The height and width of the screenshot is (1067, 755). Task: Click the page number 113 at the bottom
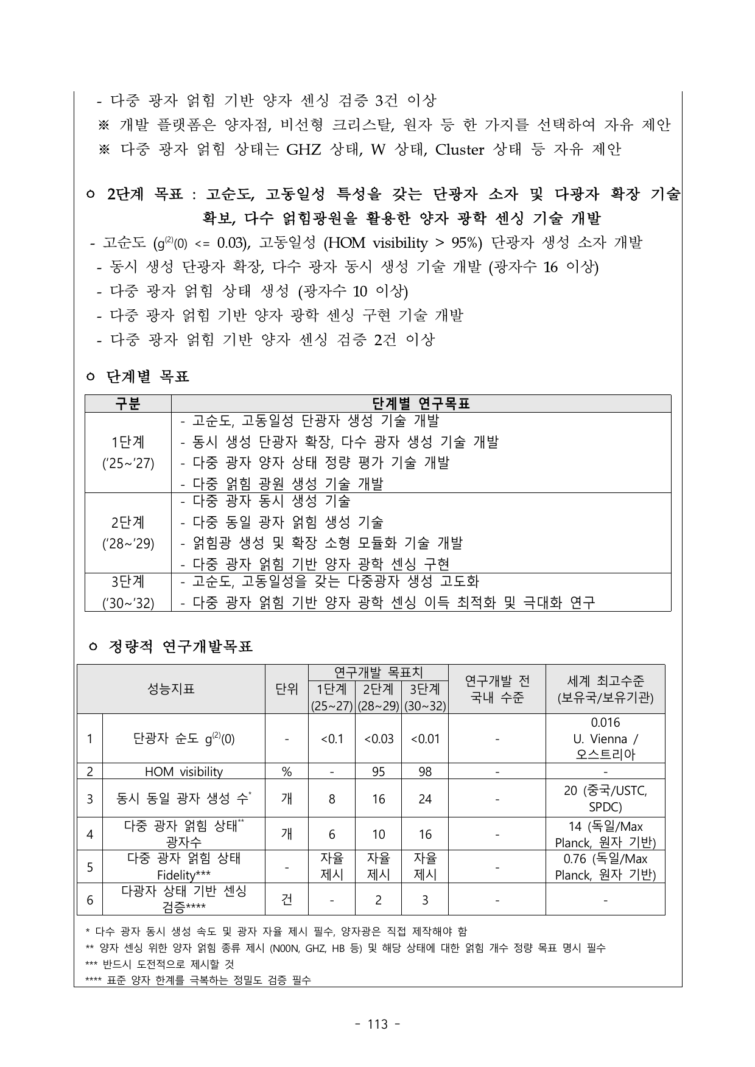[x=377, y=1024]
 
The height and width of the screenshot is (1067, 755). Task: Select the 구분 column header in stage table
[x=128, y=404]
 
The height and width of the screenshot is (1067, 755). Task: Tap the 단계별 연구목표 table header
[x=421, y=404]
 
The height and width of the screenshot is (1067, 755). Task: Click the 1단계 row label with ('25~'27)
[x=128, y=452]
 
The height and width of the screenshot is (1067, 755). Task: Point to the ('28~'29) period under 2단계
[x=128, y=544]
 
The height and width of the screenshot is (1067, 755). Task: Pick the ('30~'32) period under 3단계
[x=128, y=603]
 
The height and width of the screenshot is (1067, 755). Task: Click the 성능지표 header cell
[x=170, y=689]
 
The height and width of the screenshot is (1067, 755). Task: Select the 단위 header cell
[x=286, y=689]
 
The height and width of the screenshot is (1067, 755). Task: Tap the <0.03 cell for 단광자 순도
[x=378, y=738]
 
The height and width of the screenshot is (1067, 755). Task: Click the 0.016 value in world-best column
[x=605, y=722]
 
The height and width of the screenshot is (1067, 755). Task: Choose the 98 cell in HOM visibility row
[x=425, y=772]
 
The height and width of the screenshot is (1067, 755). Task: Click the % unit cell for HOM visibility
[x=286, y=772]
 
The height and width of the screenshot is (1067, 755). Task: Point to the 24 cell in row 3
[x=425, y=799]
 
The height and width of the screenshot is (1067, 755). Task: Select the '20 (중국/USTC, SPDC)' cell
[x=605, y=799]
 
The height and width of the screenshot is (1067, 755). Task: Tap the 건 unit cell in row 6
[x=286, y=900]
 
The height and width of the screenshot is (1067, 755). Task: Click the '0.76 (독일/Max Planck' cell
[x=605, y=867]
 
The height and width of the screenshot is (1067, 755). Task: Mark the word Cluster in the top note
[x=460, y=150]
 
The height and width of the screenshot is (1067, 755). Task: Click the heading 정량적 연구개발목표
[x=180, y=646]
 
